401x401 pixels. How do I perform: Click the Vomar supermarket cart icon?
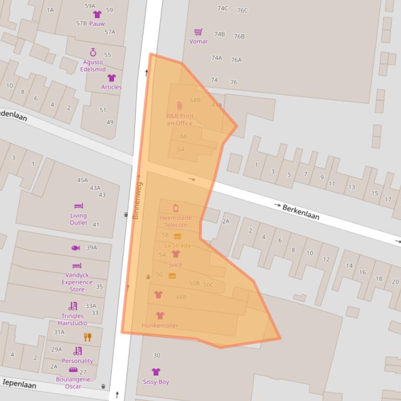pos(198,32)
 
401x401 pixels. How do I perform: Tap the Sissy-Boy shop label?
pos(156,382)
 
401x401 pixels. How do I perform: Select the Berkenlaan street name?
pos(301,211)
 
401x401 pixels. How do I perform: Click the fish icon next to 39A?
pos(75,248)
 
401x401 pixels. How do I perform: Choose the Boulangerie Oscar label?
pos(73,383)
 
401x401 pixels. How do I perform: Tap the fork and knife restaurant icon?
pos(88,337)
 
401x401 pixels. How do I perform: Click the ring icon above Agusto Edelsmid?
pos(93,53)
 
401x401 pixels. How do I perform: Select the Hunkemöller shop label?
pos(160,325)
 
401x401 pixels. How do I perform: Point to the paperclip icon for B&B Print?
pos(179,106)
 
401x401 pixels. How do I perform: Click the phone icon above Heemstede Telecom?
pos(176,208)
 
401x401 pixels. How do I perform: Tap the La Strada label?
pos(177,245)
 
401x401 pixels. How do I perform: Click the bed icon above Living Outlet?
pos(78,206)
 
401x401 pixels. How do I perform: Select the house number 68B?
pos(195,100)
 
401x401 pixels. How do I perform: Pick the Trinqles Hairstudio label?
pos(72,319)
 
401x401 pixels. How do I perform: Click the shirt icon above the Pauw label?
pos(97,15)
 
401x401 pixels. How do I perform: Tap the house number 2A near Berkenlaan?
pos(225,221)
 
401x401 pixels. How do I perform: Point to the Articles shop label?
pos(111,87)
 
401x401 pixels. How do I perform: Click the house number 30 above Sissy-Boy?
pos(156,356)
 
